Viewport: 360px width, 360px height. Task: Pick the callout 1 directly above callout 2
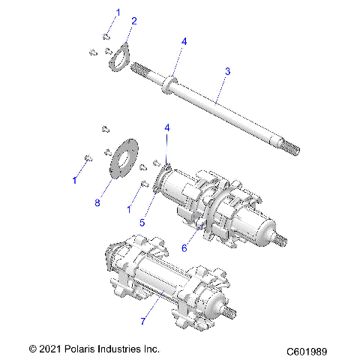click(116, 13)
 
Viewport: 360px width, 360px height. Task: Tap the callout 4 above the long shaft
click(184, 41)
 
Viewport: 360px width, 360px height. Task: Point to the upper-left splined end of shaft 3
click(139, 70)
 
